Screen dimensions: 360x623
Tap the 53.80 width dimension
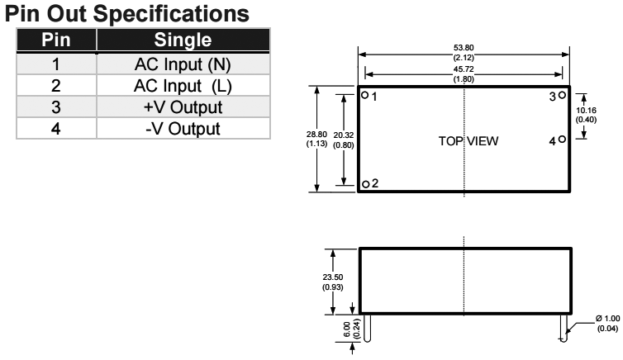[x=464, y=53]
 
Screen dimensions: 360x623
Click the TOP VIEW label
[x=468, y=141]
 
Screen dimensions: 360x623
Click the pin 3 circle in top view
[x=563, y=96]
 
